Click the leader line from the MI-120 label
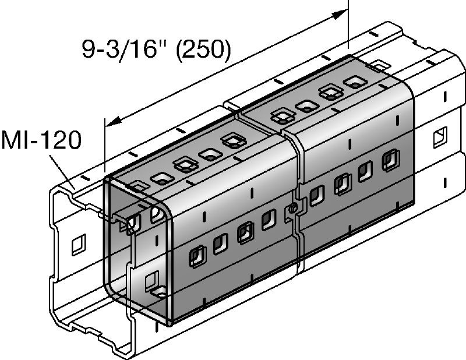coord(62,168)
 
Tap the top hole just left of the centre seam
coord(233,141)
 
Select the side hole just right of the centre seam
coord(317,195)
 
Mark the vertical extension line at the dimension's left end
coord(103,146)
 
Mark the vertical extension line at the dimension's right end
coord(348,23)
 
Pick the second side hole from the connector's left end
coord(221,244)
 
